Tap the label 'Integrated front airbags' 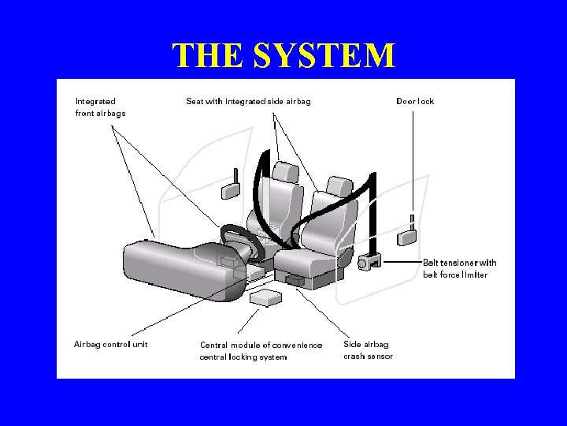[100, 106]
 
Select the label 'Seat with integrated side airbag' [248, 101]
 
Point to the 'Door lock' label [414, 101]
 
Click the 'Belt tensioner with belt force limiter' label [460, 268]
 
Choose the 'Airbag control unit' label [110, 344]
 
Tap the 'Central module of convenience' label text [261, 345]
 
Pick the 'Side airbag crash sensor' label [368, 349]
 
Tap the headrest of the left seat [286, 171]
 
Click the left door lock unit [232, 189]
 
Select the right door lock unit [408, 234]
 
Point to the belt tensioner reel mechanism [366, 261]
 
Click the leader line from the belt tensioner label [402, 261]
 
